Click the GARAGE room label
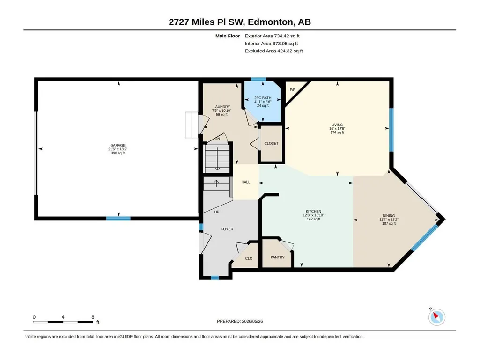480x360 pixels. tap(118, 146)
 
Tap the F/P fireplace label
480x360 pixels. tap(293, 90)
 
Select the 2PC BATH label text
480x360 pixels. tap(263, 98)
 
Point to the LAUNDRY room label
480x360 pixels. tap(222, 107)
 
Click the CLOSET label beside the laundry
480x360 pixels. tap(271, 143)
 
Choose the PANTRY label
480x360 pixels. tap(277, 257)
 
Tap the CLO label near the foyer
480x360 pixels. tap(249, 259)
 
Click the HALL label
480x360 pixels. tap(245, 182)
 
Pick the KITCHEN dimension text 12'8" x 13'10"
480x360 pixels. tap(313, 215)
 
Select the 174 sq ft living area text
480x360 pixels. tap(337, 132)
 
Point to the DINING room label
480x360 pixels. tap(389, 216)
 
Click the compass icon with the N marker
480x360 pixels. tap(436, 317)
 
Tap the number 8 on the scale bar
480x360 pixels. tap(93, 317)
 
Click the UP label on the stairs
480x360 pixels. tap(217, 212)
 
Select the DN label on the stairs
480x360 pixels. tap(217, 139)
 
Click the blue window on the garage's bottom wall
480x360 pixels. tap(118, 219)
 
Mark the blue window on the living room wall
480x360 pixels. tap(391, 130)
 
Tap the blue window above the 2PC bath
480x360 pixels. tap(258, 79)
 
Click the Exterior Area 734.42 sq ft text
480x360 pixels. tap(272, 36)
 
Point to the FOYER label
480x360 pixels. tap(227, 229)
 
